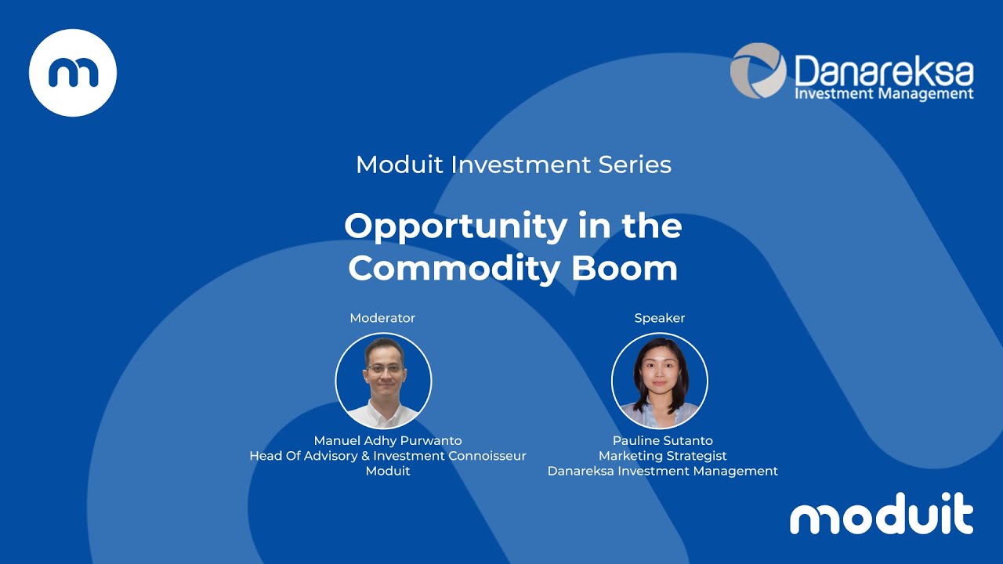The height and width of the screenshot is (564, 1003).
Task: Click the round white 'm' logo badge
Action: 73,73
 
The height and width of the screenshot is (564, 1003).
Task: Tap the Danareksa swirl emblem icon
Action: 758,70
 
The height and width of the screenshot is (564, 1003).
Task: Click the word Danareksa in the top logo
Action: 884,72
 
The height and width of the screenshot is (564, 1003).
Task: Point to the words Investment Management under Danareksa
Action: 884,94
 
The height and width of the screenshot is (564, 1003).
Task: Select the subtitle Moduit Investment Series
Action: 513,164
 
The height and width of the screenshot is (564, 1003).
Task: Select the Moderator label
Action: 382,318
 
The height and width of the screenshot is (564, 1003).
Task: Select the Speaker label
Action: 660,318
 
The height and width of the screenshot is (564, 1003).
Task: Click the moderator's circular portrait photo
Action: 383,381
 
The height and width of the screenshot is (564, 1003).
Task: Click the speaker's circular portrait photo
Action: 660,381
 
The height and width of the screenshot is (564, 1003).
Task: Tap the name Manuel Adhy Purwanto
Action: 388,440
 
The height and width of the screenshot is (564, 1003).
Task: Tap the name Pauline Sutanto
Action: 663,440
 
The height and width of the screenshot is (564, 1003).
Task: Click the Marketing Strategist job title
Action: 663,456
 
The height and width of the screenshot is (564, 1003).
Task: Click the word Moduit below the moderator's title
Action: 388,471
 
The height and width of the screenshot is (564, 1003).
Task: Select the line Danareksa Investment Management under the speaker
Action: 663,471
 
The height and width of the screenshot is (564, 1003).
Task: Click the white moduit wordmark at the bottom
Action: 882,515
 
